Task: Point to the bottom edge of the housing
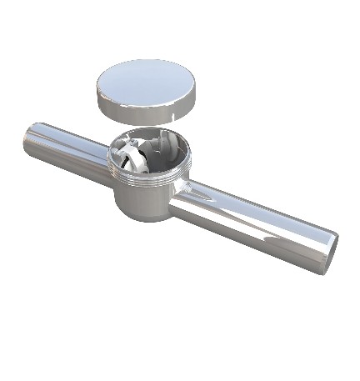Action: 146,219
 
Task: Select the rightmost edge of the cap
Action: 196,94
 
